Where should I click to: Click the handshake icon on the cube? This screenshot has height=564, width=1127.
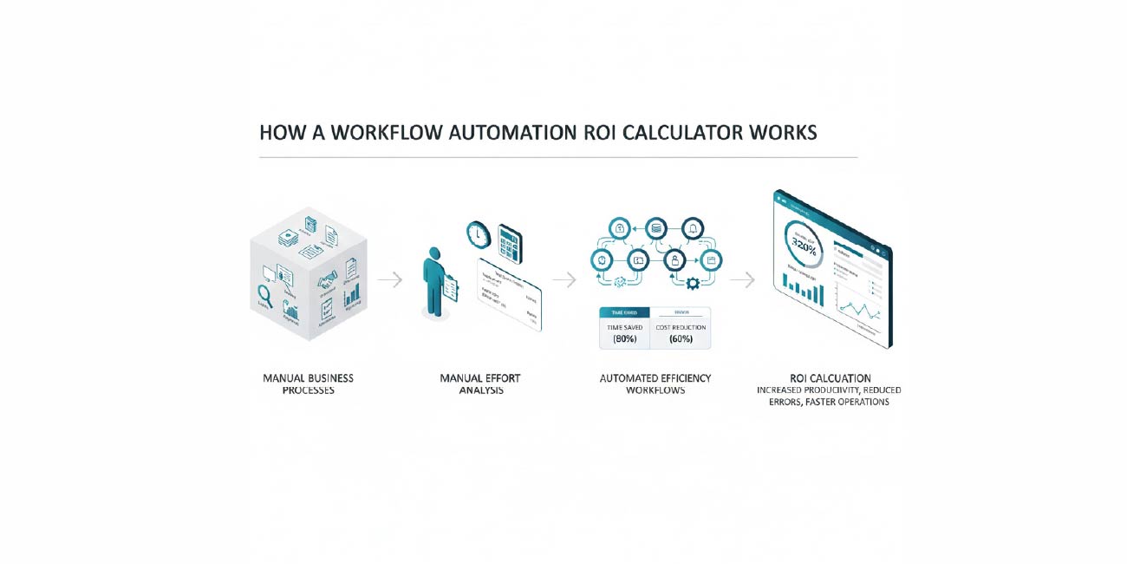pos(327,280)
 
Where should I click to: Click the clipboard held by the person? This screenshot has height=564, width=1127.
pos(450,288)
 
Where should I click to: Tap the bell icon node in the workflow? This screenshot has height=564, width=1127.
pos(692,228)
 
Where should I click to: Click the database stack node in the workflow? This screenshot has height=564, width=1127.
pos(656,228)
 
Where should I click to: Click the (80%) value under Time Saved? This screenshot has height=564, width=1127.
pos(624,338)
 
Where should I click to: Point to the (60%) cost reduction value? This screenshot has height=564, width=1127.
pos(681,338)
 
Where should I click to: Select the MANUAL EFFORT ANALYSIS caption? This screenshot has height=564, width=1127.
pos(480,384)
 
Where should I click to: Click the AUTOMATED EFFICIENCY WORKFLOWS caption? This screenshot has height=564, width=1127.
pos(655,384)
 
